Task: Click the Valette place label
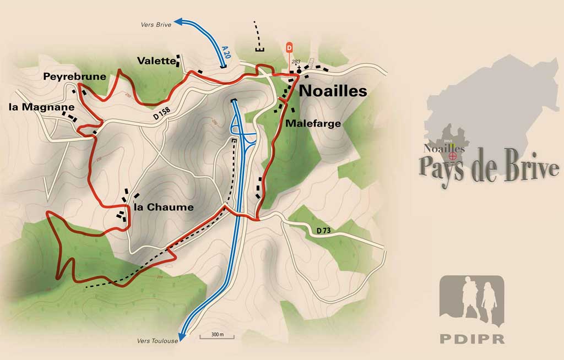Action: click(x=156, y=61)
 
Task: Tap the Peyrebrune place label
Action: click(x=75, y=77)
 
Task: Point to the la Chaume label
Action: click(x=164, y=208)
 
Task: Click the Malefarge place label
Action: click(x=313, y=124)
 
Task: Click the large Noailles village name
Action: click(x=333, y=91)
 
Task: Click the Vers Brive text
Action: click(x=156, y=24)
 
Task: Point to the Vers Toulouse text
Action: click(x=158, y=341)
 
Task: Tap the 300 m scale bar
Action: click(x=212, y=335)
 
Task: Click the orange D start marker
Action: click(x=289, y=48)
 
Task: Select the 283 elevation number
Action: click(x=296, y=62)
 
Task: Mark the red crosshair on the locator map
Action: click(x=453, y=156)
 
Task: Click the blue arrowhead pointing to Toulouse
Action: click(x=182, y=336)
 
